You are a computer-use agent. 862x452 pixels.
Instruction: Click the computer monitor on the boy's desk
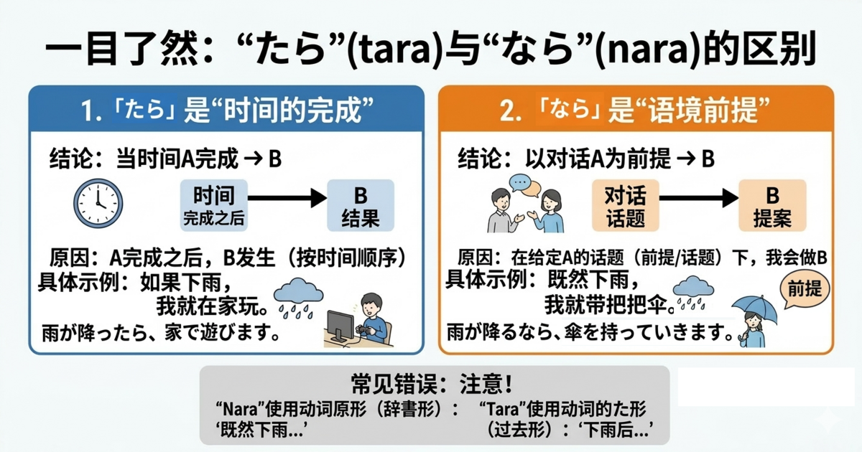343,326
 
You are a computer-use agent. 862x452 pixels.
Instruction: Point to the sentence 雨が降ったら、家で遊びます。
159,334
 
